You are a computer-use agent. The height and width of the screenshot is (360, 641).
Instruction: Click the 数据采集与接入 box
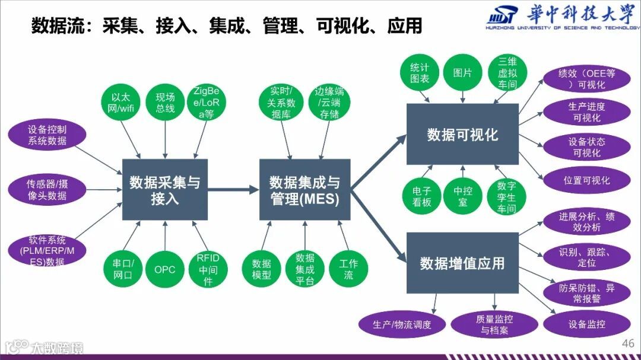tap(165, 189)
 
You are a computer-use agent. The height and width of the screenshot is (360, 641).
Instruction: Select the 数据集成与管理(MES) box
tap(305, 189)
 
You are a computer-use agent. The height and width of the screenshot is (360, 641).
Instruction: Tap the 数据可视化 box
tap(462, 135)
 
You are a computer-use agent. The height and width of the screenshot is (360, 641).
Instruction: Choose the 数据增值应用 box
tap(462, 263)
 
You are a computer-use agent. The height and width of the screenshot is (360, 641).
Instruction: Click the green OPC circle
tap(165, 269)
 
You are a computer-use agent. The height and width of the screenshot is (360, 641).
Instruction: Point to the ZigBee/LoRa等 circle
tap(205, 103)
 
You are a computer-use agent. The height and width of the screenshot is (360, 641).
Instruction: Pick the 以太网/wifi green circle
tap(119, 103)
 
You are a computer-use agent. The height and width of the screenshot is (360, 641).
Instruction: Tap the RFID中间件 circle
tap(208, 269)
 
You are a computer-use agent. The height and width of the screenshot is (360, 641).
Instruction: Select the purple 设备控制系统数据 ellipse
tap(47, 135)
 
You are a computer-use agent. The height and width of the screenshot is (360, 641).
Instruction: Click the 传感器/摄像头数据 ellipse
tap(47, 190)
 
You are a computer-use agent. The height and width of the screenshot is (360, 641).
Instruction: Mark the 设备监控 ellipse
tap(586, 324)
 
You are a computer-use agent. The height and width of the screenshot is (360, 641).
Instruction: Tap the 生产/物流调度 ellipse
tap(402, 324)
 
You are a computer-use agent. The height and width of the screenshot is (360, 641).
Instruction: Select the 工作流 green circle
tap(348, 269)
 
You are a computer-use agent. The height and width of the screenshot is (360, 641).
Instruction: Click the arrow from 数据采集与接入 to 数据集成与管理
tap(234, 190)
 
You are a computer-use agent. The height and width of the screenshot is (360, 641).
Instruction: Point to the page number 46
tap(627, 343)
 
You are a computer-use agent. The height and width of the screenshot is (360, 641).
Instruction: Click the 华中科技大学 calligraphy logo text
tap(581, 15)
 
